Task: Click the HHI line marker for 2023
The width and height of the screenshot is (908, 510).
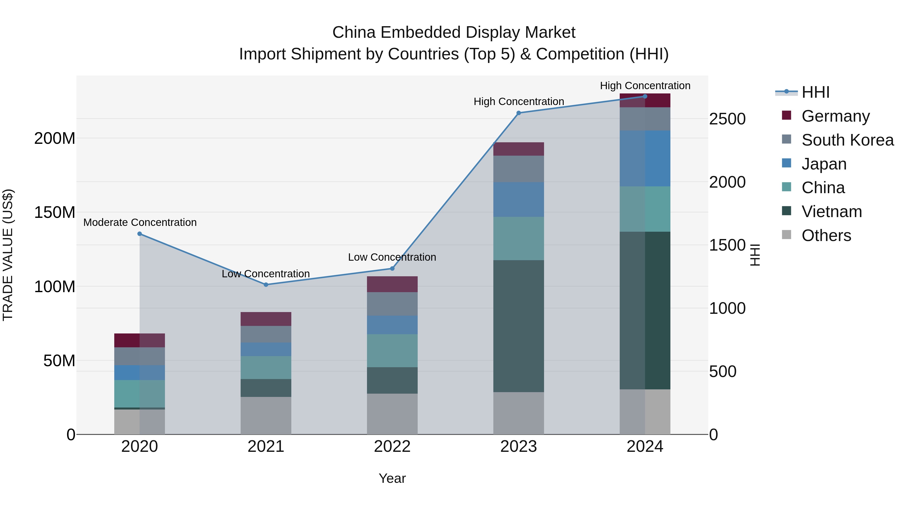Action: [519, 113]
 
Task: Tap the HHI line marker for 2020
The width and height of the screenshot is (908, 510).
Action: [139, 234]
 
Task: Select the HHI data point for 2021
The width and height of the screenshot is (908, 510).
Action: [266, 285]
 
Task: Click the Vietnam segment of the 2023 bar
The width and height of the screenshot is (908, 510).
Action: [519, 326]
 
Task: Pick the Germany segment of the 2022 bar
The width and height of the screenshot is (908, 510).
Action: [392, 284]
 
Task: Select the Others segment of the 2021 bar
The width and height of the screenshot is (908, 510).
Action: [266, 415]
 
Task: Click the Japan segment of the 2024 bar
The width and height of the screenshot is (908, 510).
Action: [645, 158]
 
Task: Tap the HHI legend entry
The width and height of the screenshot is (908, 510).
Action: [815, 92]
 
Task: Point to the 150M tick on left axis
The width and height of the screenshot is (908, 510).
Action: [55, 213]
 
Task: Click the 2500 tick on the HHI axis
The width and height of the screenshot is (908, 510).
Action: [727, 119]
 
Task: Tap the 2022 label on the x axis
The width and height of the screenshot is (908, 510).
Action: [392, 447]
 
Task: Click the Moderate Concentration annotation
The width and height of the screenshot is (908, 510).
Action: [140, 222]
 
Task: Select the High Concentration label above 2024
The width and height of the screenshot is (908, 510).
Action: [645, 86]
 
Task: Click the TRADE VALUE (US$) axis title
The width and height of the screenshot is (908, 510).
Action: [8, 255]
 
